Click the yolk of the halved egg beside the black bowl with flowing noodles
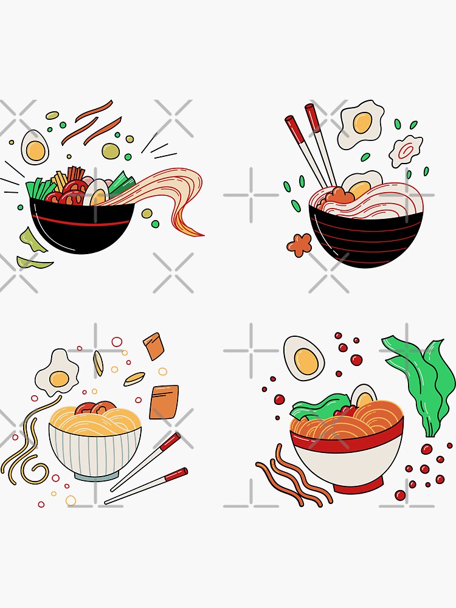pyautogui.click(x=36, y=150)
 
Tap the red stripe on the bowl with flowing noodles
pyautogui.click(x=82, y=221)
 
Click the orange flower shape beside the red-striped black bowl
pyautogui.click(x=299, y=244)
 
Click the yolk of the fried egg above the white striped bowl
pyautogui.click(x=60, y=379)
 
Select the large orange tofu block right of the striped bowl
pyautogui.click(x=164, y=402)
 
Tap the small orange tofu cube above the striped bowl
pyautogui.click(x=154, y=346)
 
